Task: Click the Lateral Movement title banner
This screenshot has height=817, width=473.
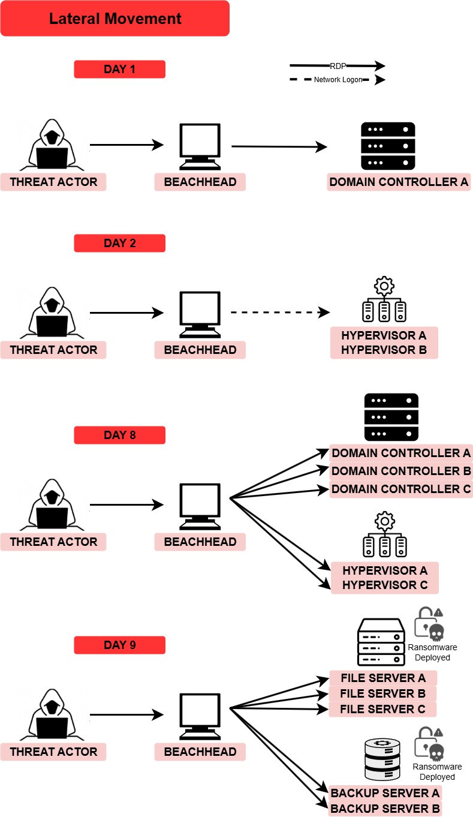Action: pyautogui.click(x=115, y=19)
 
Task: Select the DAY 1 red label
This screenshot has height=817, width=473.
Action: pyautogui.click(x=119, y=69)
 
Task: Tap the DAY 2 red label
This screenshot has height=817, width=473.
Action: pyautogui.click(x=119, y=243)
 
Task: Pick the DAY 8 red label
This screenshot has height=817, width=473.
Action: pyautogui.click(x=119, y=435)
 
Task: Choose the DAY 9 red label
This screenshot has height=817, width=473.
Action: pyautogui.click(x=119, y=645)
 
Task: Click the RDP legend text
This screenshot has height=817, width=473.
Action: pyautogui.click(x=338, y=67)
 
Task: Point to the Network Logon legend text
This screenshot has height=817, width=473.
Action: pyautogui.click(x=338, y=80)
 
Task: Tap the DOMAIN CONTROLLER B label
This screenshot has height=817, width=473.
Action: pyautogui.click(x=401, y=471)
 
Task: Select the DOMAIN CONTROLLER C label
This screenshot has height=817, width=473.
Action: pyautogui.click(x=401, y=489)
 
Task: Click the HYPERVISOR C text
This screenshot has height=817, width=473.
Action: pyautogui.click(x=384, y=585)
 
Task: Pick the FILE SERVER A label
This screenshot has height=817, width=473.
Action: pyautogui.click(x=383, y=678)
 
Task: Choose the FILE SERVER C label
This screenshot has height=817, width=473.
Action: pyautogui.click(x=383, y=709)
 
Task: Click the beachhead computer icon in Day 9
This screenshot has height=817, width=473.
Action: pyautogui.click(x=200, y=716)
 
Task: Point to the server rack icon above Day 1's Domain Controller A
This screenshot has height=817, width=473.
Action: pyautogui.click(x=388, y=146)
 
